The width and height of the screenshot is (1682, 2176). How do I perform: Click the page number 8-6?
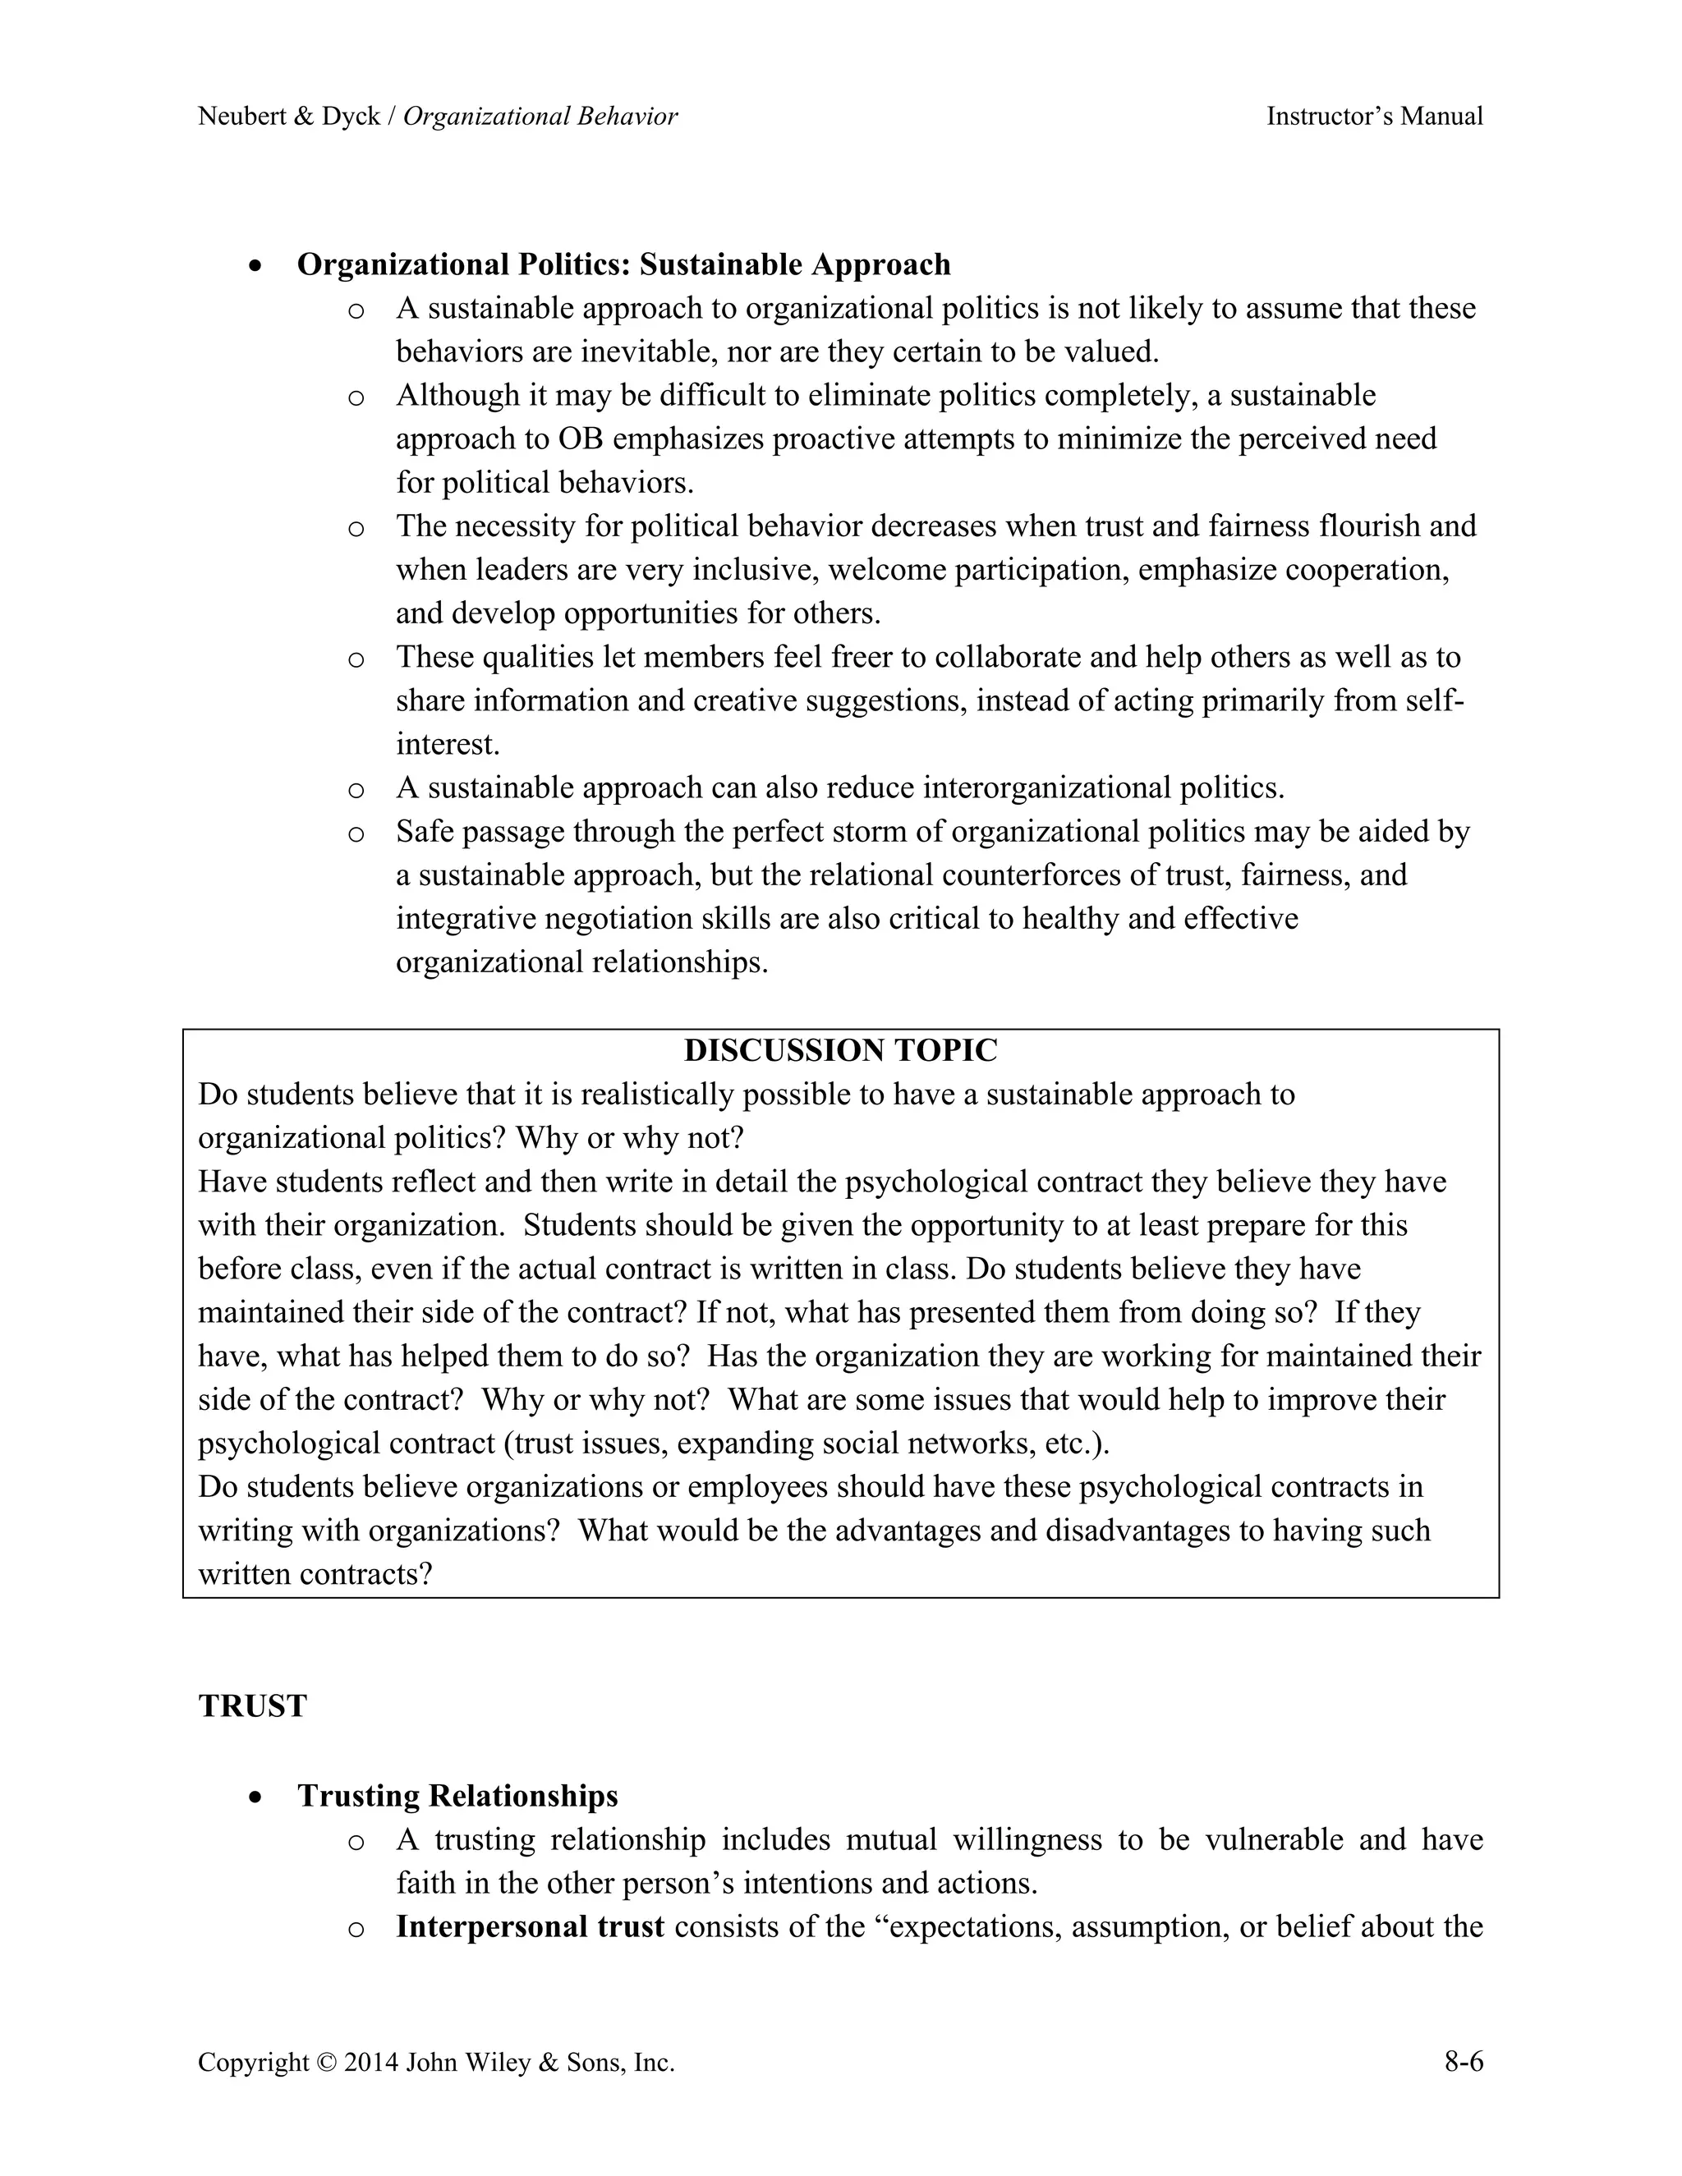(x=1463, y=2061)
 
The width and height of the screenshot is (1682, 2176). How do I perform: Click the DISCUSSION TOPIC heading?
(x=840, y=1050)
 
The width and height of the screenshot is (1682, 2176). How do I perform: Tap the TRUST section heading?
(x=252, y=1705)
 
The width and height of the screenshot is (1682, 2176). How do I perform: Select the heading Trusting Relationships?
(x=457, y=1795)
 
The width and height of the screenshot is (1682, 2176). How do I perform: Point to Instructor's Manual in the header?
(x=1374, y=117)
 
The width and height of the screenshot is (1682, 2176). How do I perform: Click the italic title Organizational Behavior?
(x=540, y=117)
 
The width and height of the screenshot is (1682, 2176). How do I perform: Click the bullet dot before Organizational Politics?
(x=257, y=266)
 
